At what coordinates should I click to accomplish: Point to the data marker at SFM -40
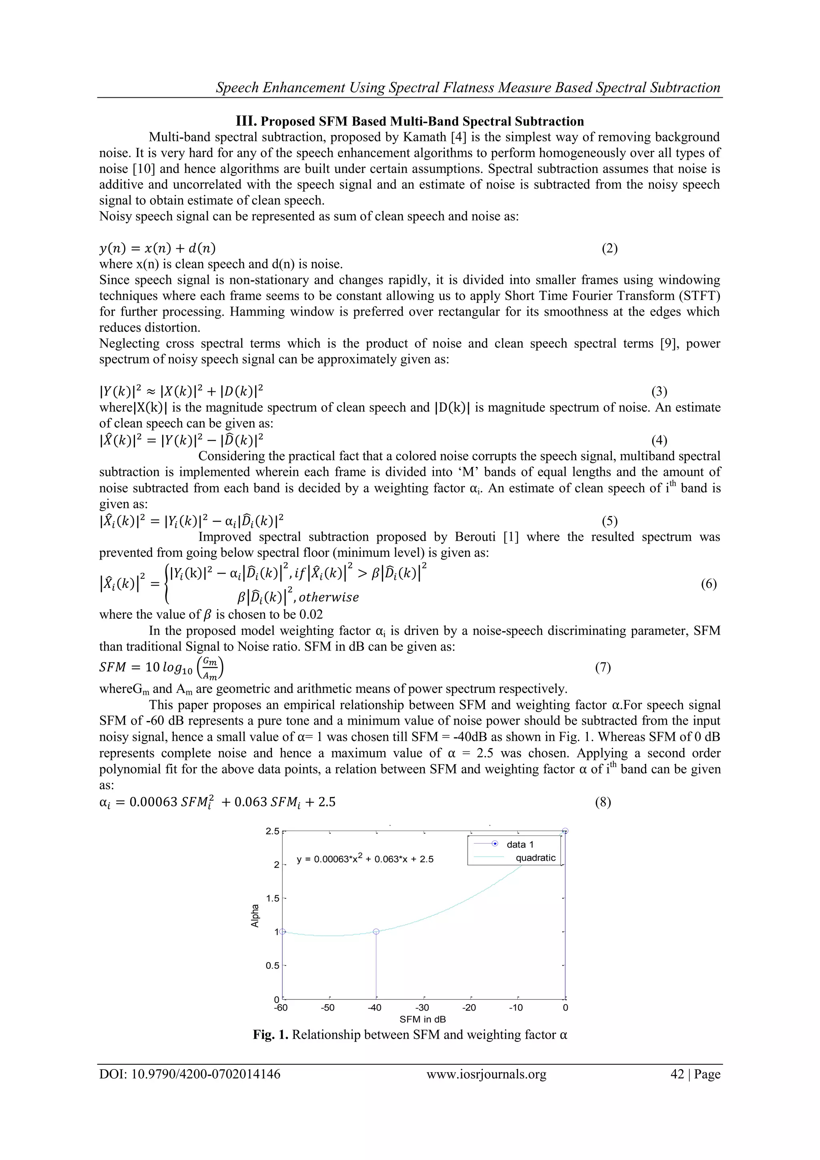pos(376,931)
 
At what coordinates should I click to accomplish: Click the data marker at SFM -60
pos(283,931)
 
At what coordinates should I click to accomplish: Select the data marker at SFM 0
pos(565,831)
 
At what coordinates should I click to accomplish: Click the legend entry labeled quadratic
pos(535,858)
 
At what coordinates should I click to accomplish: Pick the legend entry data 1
pos(520,844)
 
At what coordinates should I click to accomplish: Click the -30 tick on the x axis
pos(422,1007)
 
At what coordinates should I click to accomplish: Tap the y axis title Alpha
pos(255,915)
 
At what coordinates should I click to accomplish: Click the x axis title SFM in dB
pos(423,1019)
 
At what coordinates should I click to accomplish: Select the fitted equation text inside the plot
pos(365,859)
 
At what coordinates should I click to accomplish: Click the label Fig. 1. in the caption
pos(271,1035)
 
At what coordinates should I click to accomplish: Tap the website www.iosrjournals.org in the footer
pos(486,1074)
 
